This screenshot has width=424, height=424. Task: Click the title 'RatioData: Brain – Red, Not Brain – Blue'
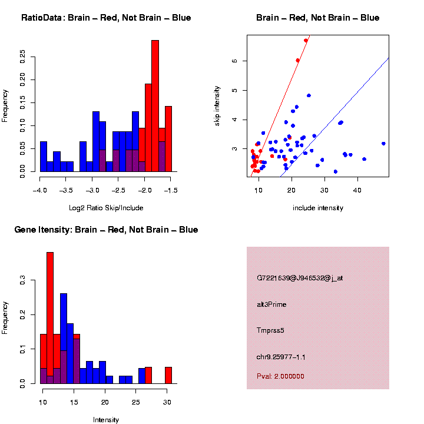click(x=106, y=18)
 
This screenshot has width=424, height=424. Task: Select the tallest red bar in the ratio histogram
click(x=155, y=106)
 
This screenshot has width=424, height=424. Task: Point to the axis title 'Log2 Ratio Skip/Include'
click(x=106, y=208)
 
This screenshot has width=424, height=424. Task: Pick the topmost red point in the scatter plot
click(x=306, y=41)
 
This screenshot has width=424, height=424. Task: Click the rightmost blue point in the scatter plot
click(x=383, y=143)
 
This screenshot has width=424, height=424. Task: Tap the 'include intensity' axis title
click(x=318, y=208)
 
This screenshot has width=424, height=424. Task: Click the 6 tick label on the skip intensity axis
click(x=234, y=61)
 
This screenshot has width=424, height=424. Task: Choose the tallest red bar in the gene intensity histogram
click(x=50, y=318)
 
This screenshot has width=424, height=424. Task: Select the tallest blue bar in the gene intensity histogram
click(x=64, y=338)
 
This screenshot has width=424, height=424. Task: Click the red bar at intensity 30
click(x=168, y=375)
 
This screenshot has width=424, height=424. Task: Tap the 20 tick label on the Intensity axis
click(x=105, y=403)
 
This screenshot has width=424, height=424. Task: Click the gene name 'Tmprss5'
click(x=270, y=330)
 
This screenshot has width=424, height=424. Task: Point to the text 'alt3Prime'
click(x=271, y=304)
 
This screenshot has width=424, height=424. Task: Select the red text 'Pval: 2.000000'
click(x=280, y=376)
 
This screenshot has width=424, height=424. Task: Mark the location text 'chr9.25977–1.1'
click(x=281, y=357)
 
